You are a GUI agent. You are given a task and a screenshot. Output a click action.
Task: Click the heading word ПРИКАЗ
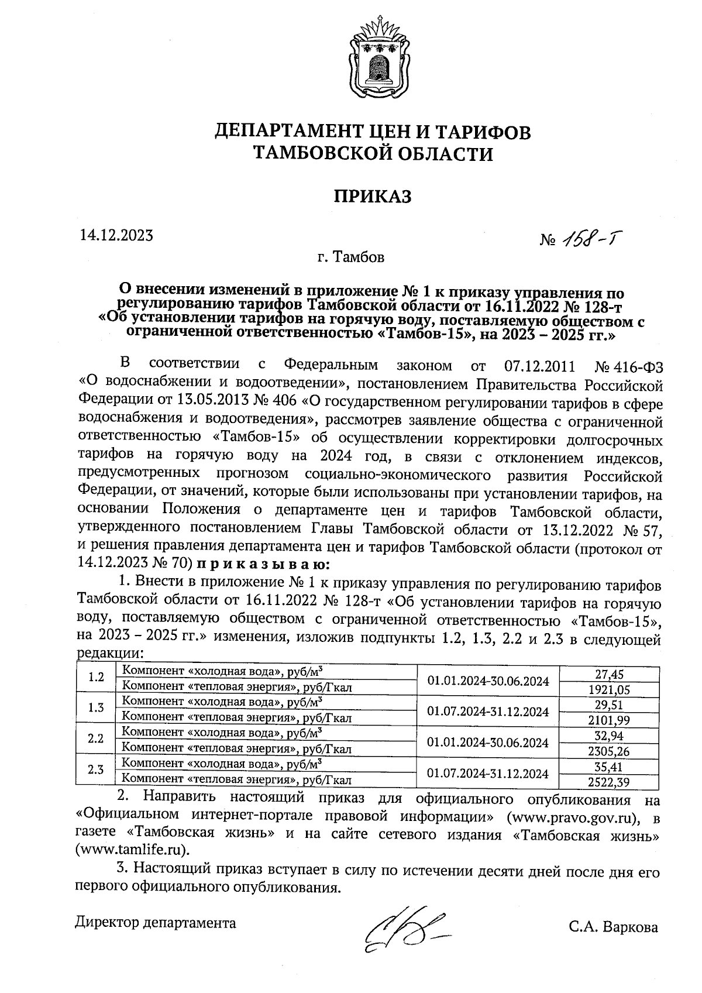pyautogui.click(x=373, y=196)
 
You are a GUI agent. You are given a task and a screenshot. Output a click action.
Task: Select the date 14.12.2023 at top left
pyautogui.click(x=116, y=235)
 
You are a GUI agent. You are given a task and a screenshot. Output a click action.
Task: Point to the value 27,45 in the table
pyautogui.click(x=609, y=675)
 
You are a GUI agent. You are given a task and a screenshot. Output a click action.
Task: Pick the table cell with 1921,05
pyautogui.click(x=609, y=690)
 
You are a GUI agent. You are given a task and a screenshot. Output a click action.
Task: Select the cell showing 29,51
pyautogui.click(x=609, y=705)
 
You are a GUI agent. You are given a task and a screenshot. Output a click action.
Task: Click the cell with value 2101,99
pyautogui.click(x=609, y=720)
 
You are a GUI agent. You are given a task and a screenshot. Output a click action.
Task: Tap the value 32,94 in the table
pyautogui.click(x=609, y=736)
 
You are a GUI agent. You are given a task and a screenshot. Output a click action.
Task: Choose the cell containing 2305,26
pyautogui.click(x=609, y=751)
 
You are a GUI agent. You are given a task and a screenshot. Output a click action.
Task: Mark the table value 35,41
pyautogui.click(x=609, y=766)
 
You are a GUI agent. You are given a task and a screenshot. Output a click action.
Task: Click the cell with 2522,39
pyautogui.click(x=609, y=781)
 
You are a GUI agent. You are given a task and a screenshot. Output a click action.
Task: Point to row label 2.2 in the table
pyautogui.click(x=96, y=738)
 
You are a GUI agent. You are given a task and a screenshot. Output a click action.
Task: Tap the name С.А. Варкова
pyautogui.click(x=614, y=927)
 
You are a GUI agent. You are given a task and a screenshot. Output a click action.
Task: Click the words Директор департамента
pyautogui.click(x=156, y=923)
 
